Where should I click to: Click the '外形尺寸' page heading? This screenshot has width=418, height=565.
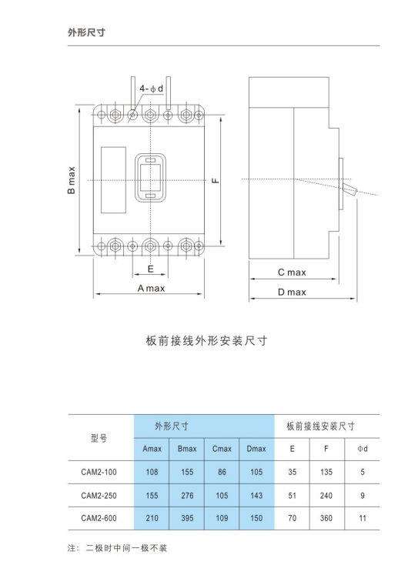point(86,32)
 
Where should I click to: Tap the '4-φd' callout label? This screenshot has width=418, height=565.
point(152,89)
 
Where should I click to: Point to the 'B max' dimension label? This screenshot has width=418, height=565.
point(72,180)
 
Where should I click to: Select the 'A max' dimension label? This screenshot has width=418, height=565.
point(151,288)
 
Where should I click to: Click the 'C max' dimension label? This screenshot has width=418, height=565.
point(292,272)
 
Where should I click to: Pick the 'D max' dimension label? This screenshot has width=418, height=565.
point(292,292)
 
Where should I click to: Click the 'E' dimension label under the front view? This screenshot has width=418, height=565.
point(151,269)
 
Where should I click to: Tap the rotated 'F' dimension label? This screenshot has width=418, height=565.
point(216,180)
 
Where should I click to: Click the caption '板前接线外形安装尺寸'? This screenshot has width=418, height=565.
point(206,340)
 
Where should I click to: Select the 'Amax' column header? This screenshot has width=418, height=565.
point(152,449)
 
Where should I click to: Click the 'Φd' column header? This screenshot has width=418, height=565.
point(363,449)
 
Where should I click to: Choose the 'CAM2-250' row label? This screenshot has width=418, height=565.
point(99,496)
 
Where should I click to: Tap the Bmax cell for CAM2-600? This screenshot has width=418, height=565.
point(187,518)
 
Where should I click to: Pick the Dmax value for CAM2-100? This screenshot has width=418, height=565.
point(256,472)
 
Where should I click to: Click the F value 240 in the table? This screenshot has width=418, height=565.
point(326,496)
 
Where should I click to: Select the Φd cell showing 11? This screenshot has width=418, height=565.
point(363,518)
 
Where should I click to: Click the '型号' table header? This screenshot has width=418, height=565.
point(99,438)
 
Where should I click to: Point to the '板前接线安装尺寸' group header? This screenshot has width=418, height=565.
point(321,426)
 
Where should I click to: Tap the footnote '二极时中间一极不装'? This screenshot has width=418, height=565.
point(126,548)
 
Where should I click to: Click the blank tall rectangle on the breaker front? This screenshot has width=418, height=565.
point(113,180)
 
